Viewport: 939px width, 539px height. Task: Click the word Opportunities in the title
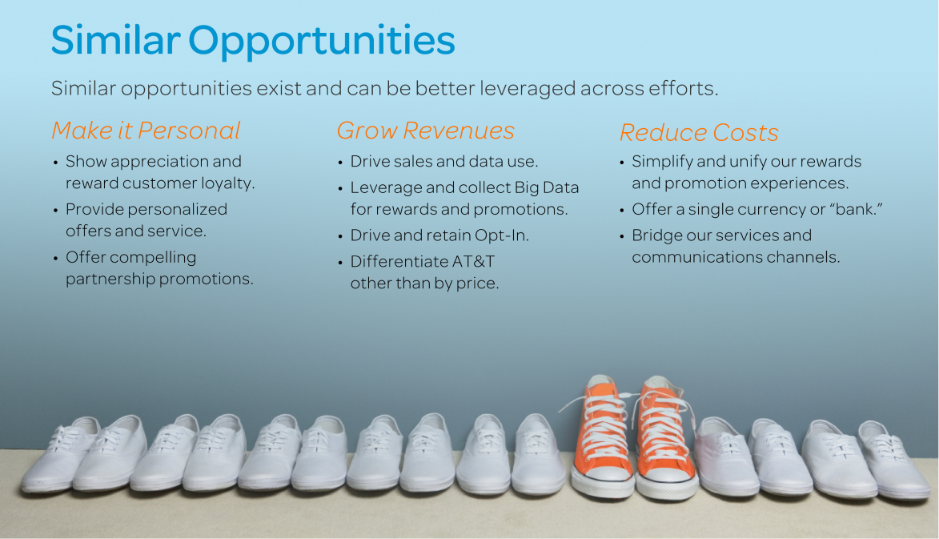pos(322,41)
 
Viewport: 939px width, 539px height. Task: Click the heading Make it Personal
pos(146,131)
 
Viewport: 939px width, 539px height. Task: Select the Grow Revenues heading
pos(425,131)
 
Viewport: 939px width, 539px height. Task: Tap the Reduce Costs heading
pos(699,132)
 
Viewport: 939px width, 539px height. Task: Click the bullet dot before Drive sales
pos(340,163)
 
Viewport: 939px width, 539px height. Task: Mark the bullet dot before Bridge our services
pos(622,237)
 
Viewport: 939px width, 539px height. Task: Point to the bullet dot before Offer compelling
pos(55,259)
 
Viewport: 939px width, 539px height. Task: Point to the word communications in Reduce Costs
pos(692,257)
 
